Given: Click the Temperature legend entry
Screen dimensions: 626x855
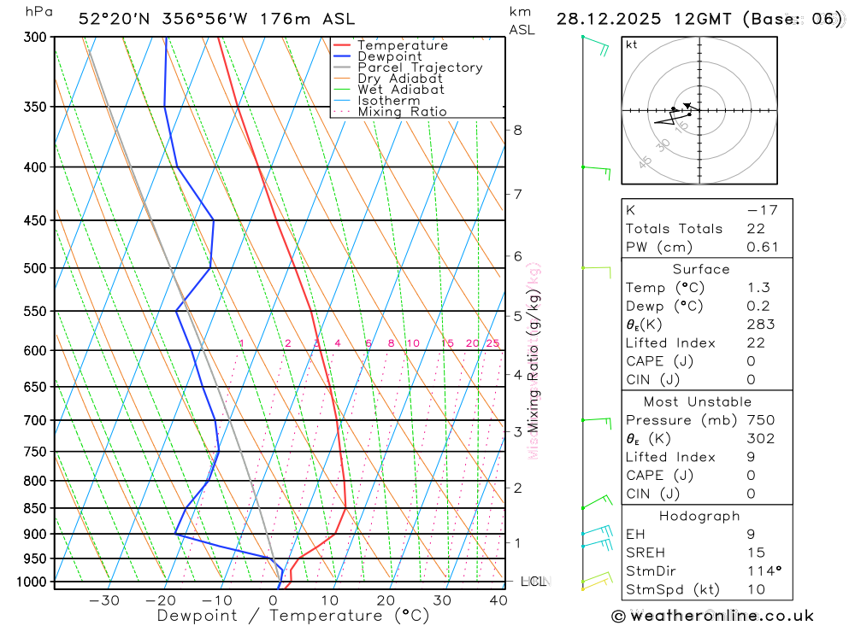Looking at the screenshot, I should (x=402, y=45).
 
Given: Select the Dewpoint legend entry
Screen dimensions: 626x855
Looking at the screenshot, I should (x=389, y=56).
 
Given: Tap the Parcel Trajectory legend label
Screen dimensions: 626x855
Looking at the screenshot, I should (x=420, y=67).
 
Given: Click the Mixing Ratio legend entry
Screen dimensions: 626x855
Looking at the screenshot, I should (x=402, y=112).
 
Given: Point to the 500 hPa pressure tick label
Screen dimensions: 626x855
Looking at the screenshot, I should (x=34, y=268).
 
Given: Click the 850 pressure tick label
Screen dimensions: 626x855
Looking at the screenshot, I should (x=34, y=508).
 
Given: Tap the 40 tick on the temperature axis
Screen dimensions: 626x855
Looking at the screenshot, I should (x=498, y=600).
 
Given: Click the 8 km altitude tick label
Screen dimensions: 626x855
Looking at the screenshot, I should (x=517, y=130).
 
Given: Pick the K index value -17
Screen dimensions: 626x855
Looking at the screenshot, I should (x=758, y=210).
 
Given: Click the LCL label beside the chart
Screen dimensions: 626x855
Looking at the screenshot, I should (x=533, y=582).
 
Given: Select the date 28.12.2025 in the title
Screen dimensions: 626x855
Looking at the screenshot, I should (x=604, y=19).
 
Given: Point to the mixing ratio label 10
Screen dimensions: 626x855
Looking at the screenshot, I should (x=413, y=343).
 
